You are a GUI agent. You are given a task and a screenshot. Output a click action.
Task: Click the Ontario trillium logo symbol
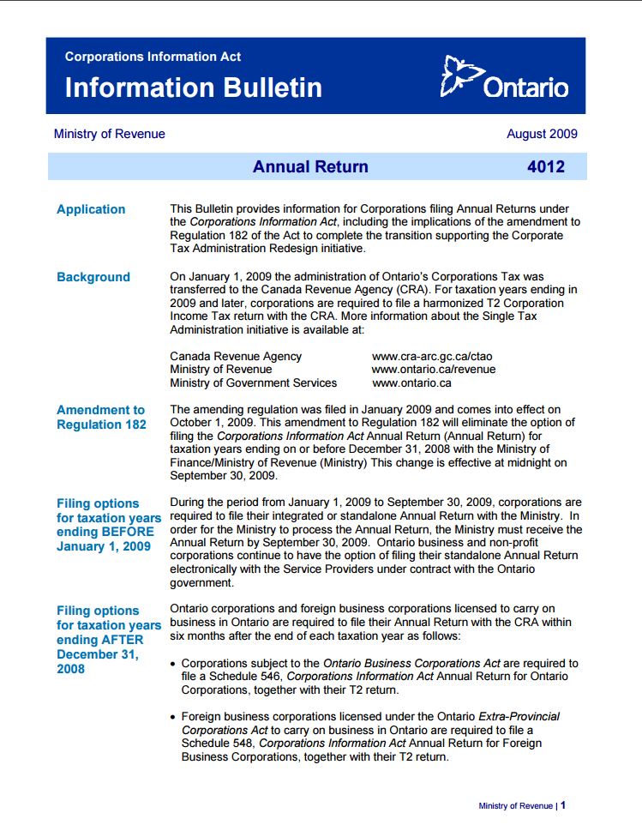point(460,76)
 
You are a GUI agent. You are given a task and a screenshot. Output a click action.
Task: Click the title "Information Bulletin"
point(193,87)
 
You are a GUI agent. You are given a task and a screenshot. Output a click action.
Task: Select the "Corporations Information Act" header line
point(153,57)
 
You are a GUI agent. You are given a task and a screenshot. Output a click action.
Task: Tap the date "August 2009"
point(542,134)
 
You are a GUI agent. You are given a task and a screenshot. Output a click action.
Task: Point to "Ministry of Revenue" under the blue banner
point(109,134)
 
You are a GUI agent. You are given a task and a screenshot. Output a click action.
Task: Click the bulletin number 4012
point(546,167)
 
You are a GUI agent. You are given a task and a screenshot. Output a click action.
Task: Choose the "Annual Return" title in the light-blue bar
point(310,167)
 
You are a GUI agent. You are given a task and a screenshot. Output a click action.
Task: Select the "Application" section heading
point(91,209)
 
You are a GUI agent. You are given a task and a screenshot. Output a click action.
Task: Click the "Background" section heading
point(93,277)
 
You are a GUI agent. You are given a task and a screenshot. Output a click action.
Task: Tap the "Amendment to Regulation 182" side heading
point(101,417)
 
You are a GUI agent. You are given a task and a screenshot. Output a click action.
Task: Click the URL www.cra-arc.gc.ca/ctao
point(432,356)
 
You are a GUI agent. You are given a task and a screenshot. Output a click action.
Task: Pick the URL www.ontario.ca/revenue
point(434,370)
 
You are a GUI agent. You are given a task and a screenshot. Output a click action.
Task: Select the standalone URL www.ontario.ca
point(411,383)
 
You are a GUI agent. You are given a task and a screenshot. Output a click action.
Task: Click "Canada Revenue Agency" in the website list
point(236,356)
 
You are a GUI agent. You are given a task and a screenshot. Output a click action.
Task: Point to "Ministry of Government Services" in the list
point(254,383)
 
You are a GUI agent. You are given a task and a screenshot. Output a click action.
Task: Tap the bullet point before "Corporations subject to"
point(174,664)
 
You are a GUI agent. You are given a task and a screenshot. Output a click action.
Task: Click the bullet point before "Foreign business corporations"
point(174,716)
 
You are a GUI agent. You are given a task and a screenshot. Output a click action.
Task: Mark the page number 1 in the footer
point(563,805)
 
